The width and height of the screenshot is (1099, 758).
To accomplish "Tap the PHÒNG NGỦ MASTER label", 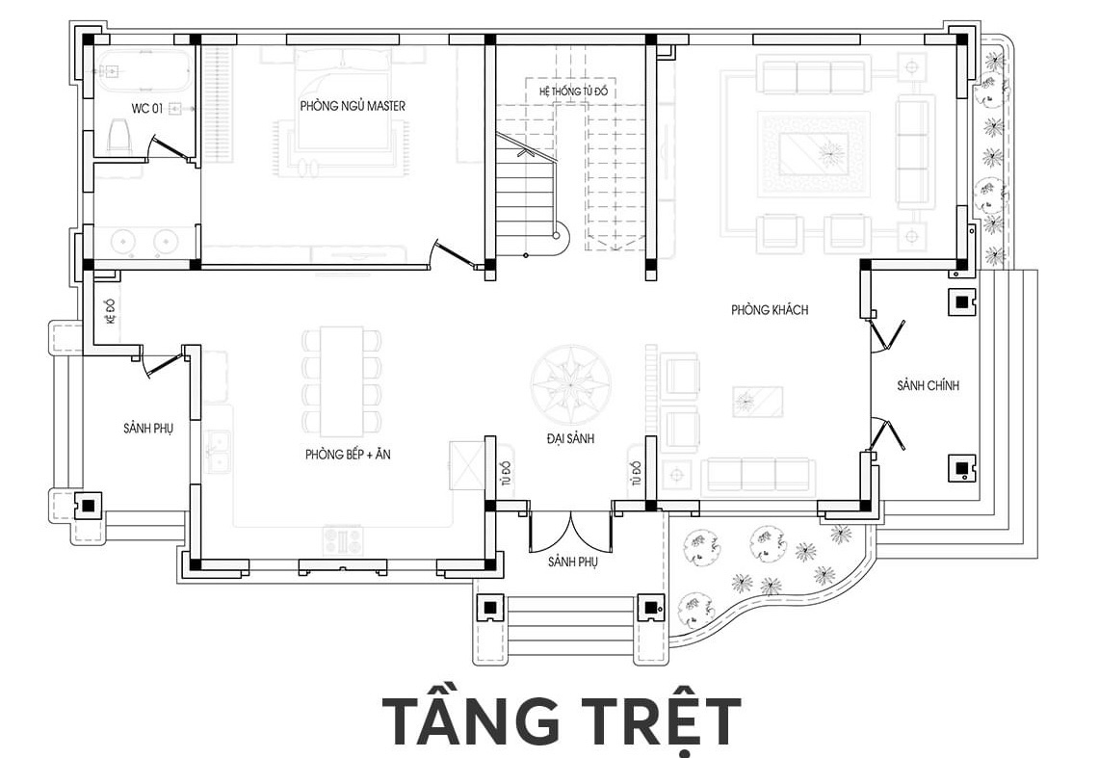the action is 353,106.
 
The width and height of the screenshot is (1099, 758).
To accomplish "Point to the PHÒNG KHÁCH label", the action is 770,309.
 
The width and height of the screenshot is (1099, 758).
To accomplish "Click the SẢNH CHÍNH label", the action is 928,385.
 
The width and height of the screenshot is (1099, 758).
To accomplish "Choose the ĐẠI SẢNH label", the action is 570,438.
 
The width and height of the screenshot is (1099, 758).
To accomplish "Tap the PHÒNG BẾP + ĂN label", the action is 348,455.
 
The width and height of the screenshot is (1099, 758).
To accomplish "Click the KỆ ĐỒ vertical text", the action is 110,310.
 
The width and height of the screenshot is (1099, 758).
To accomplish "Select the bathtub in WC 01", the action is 143,70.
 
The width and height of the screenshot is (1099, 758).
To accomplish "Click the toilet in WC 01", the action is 119,134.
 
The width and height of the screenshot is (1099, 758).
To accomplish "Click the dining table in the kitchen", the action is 342,381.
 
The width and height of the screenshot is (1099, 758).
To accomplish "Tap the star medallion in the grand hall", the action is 570,385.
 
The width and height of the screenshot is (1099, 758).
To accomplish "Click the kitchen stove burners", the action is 343,538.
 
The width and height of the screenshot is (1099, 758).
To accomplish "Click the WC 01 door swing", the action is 170,147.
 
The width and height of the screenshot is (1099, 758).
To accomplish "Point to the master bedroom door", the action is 457,253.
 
